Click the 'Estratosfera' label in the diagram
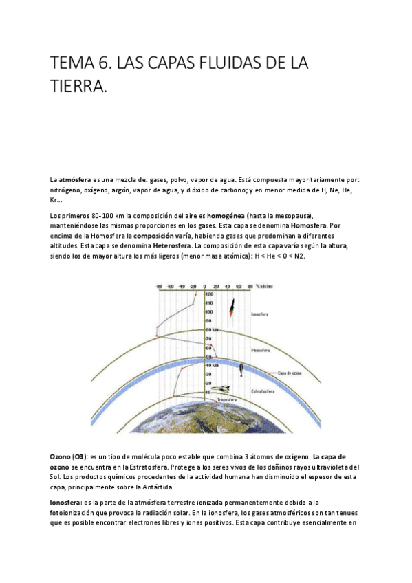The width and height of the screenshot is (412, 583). click(x=264, y=390)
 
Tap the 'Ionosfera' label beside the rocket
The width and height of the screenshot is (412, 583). click(x=260, y=313)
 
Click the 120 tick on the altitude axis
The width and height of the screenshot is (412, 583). click(x=209, y=294)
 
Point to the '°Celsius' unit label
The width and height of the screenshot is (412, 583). click(x=265, y=285)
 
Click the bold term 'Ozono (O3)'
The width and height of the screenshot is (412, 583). click(x=67, y=456)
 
